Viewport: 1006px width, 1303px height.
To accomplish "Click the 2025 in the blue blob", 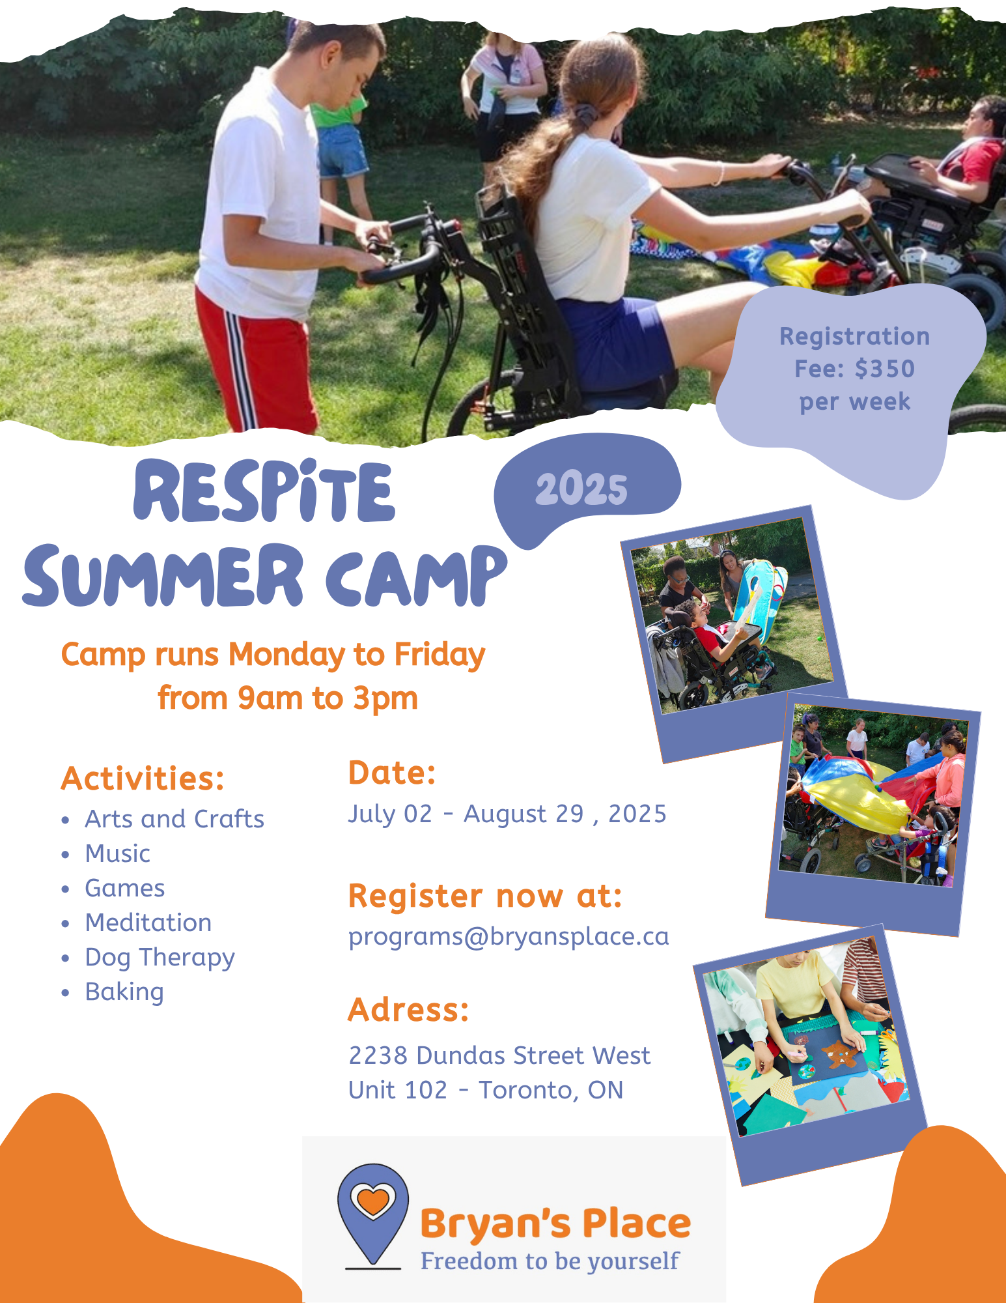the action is pos(581,489).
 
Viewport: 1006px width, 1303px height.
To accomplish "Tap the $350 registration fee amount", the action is pos(884,369).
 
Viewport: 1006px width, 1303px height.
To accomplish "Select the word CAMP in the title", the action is pos(416,575).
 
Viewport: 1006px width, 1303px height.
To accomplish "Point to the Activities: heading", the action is pos(143,778).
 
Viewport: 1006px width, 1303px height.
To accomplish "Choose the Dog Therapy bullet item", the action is pos(160,958).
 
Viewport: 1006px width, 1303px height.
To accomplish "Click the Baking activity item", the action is pos(124,992).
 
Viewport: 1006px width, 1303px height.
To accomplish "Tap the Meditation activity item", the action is pos(148,923).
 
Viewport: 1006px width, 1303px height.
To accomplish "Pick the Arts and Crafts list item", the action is pos(175,819).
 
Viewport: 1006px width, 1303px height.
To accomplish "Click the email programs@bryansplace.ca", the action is pos(509,937).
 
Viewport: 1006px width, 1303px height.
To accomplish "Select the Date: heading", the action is pos(392,773).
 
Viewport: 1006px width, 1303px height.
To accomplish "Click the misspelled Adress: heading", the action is pos(408,1010).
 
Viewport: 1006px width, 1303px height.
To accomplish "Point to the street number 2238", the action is pos(378,1055).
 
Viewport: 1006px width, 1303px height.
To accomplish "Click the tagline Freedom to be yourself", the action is pos(550,1261).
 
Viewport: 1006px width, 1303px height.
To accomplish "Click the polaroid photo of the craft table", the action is pos(809,1053).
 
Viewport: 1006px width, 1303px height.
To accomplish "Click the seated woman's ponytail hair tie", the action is pos(586,115).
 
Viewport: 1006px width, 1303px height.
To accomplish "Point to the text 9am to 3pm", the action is pos(328,698).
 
